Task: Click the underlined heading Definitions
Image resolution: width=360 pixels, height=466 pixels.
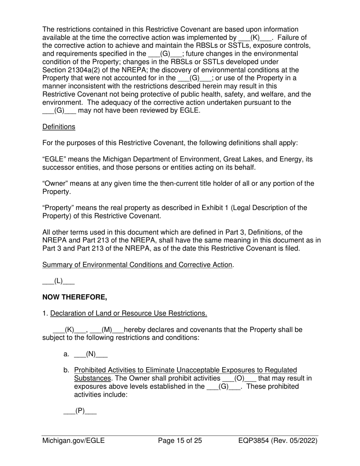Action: coord(58,127)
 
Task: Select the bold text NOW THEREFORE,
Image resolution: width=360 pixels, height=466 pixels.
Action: coord(74,297)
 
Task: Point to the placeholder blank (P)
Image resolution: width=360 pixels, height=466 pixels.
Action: coord(80,411)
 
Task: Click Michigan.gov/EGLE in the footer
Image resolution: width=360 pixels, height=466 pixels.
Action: coord(74,441)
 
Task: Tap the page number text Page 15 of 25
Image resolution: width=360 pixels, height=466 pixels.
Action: coord(180,441)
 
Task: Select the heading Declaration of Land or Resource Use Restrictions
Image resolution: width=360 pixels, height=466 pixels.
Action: coord(128,313)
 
